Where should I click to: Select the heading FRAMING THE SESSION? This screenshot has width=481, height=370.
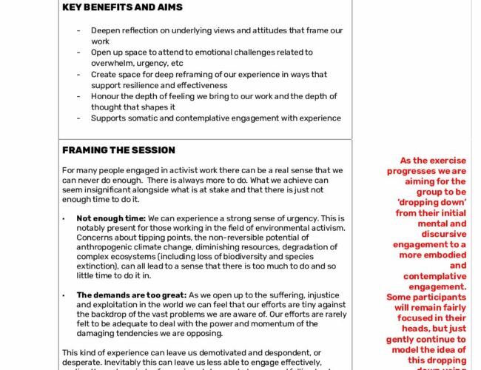click(x=118, y=150)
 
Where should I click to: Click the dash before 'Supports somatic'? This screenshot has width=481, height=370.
click(x=79, y=118)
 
